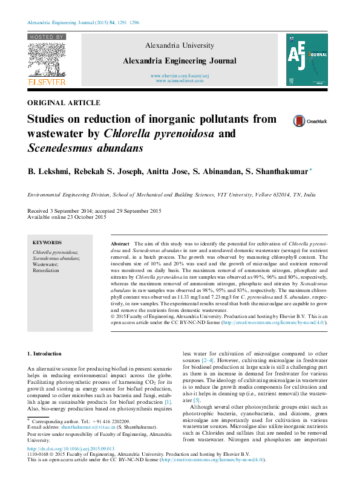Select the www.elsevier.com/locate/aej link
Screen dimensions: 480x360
[x=180, y=76]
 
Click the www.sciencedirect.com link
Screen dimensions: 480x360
[x=180, y=80]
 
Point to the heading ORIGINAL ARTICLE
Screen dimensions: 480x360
[x=64, y=103]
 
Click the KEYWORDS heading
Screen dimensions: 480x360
[x=47, y=242]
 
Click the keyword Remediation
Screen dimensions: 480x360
[x=46, y=270]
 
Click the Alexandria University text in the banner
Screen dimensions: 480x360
[x=179, y=45]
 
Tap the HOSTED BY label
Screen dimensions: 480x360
[x=47, y=37]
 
